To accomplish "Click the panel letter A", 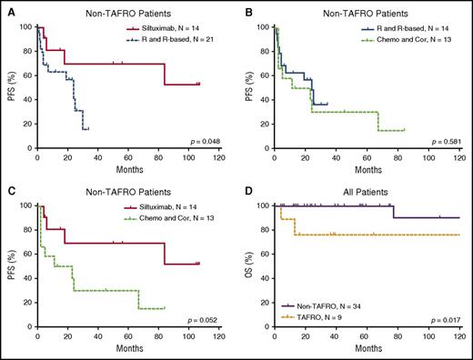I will tap(6, 7).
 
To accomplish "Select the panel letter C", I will tap(6, 187).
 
